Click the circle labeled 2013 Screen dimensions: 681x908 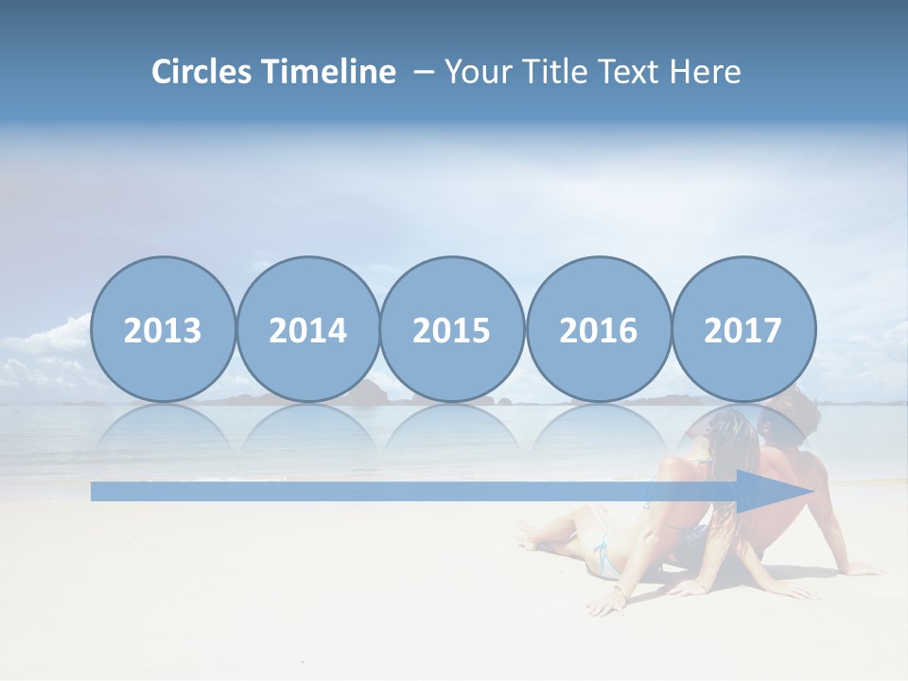coord(163,329)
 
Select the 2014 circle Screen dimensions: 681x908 coord(308,329)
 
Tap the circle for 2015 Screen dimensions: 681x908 coord(452,329)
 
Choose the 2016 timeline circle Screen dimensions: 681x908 coord(598,329)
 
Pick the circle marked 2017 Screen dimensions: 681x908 coord(743,329)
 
